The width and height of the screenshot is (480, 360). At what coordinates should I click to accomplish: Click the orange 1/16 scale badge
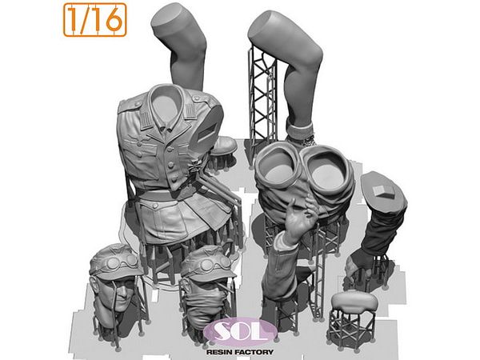click(95, 20)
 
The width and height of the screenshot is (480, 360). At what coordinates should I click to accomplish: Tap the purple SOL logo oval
click(241, 332)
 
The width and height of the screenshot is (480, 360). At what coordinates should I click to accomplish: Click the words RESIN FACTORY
click(240, 352)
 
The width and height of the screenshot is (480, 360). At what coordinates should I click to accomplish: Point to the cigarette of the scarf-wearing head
click(224, 288)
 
